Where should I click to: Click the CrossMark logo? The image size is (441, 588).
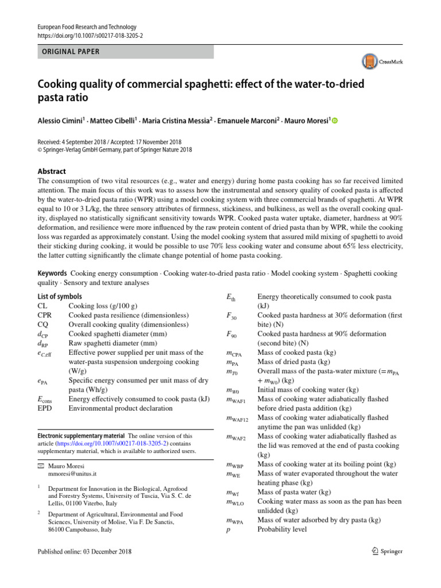tap(381, 61)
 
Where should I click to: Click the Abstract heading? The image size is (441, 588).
tap(51, 171)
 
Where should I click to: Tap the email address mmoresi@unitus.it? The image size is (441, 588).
tap(72, 475)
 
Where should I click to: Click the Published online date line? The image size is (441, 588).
tap(84, 552)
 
